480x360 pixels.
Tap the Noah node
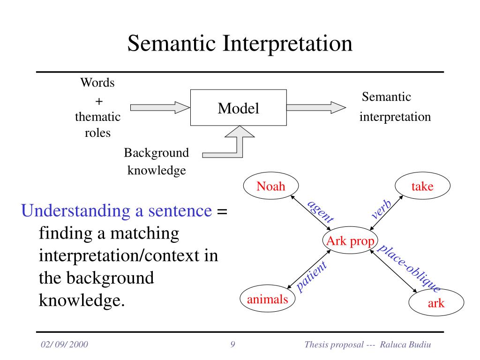click(271, 186)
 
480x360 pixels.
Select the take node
click(422, 186)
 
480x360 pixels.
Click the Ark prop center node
click(350, 240)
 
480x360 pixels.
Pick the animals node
click(268, 299)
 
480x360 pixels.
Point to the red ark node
click(436, 302)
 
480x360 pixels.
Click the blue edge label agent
click(320, 211)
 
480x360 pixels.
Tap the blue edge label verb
click(381, 210)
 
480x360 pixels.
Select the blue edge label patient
click(312, 277)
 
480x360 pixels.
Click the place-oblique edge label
click(409, 268)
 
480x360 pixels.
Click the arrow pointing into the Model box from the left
click(160, 107)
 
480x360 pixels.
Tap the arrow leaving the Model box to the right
click(316, 107)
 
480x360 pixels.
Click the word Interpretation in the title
click(287, 44)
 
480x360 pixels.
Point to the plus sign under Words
click(99, 101)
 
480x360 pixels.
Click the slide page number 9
click(232, 345)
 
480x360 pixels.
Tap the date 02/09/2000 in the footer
click(64, 345)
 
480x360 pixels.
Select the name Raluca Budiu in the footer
click(405, 345)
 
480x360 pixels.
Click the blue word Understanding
click(76, 211)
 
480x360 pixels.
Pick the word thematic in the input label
click(97, 117)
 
